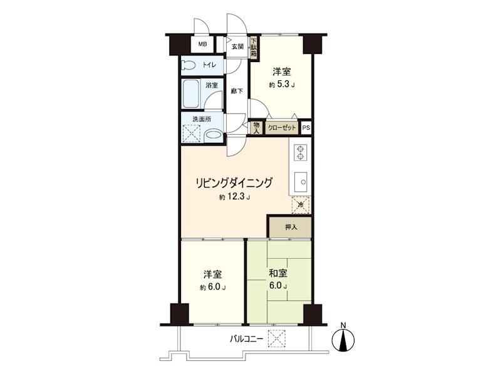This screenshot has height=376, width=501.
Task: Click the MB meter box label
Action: tap(202, 44)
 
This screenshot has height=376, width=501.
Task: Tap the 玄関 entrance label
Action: tap(237, 46)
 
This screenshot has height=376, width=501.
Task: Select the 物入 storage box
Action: tap(256, 127)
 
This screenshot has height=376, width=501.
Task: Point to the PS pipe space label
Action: tap(306, 128)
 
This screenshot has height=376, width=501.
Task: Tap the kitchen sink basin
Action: tap(300, 182)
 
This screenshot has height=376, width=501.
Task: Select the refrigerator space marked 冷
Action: tap(300, 205)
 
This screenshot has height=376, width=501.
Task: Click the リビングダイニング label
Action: tap(234, 183)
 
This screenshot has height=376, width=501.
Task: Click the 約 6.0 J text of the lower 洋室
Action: tap(213, 288)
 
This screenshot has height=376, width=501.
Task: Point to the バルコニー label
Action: tap(245, 339)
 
